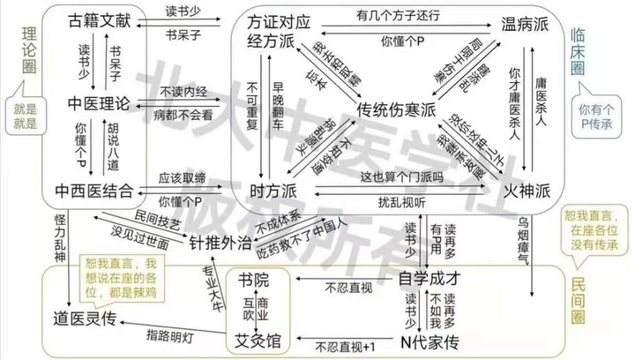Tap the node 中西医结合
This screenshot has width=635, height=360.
point(94,190)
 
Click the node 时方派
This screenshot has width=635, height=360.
point(268,190)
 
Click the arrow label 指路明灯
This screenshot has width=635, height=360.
point(176,336)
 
